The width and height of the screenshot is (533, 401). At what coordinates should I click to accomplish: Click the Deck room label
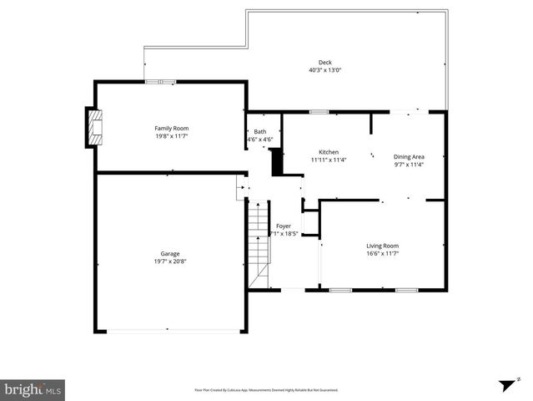tap(324, 63)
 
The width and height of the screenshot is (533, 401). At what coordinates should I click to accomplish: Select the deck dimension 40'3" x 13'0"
tap(324, 70)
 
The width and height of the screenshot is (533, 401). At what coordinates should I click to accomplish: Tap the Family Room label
tap(171, 128)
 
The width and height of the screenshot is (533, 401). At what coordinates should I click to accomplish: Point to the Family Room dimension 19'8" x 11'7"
tap(171, 135)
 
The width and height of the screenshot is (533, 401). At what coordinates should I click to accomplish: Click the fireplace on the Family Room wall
tap(93, 127)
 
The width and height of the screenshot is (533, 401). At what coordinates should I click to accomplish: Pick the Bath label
tap(260, 131)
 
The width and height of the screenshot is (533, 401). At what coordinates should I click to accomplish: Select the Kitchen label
tap(329, 152)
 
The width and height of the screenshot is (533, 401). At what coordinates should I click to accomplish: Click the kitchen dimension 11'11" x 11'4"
tap(329, 160)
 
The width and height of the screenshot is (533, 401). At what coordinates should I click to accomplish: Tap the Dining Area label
tap(409, 156)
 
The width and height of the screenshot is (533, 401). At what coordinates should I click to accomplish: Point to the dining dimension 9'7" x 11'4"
tap(409, 165)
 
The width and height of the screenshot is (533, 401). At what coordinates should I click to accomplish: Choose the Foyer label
tap(284, 226)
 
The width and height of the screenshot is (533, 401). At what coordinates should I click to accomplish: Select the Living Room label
tap(382, 246)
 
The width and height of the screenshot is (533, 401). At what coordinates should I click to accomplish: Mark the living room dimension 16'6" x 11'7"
tap(382, 253)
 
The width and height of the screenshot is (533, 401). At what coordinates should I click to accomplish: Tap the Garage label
tap(170, 253)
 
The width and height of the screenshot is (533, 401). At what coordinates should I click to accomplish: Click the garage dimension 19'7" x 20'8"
tap(170, 261)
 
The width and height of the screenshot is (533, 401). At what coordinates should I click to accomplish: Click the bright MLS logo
tap(33, 388)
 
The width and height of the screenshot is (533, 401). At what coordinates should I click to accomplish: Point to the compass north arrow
tap(506, 385)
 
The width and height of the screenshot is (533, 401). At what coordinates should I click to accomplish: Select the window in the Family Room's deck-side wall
tap(160, 82)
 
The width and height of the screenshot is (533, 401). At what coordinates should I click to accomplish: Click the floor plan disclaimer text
tap(266, 389)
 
